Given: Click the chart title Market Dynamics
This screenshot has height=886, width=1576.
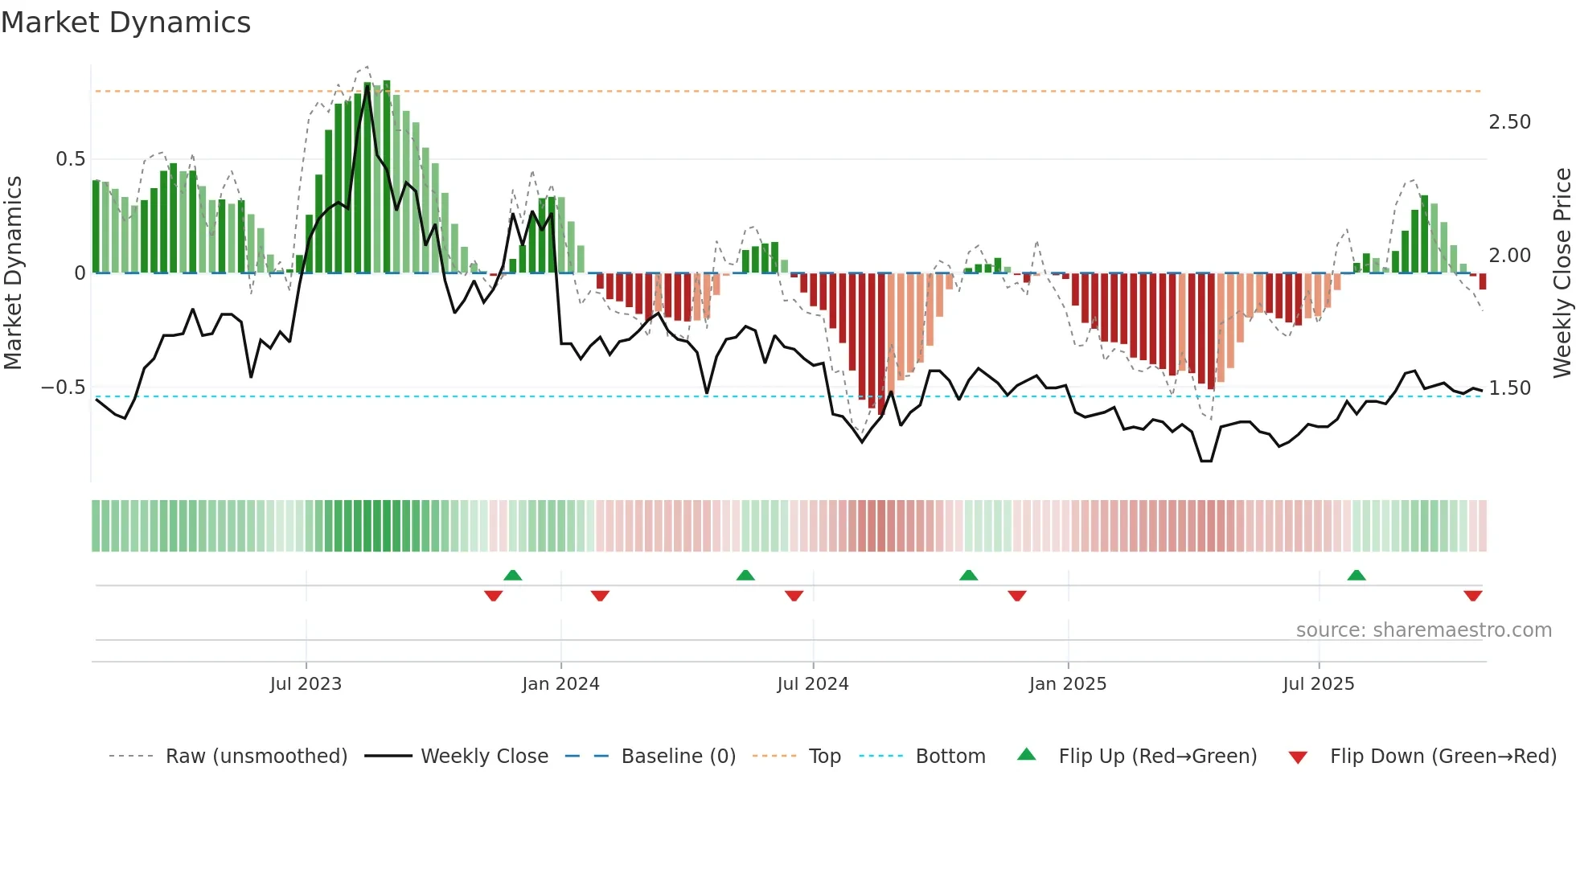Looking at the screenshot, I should [x=125, y=23].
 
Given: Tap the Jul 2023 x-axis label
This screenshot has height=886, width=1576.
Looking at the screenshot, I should [x=306, y=684].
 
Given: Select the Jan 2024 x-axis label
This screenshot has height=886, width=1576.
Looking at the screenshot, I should [x=560, y=684].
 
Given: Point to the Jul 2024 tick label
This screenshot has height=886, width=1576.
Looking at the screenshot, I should [x=812, y=684].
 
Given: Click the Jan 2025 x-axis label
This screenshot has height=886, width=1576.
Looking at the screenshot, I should [x=1067, y=684].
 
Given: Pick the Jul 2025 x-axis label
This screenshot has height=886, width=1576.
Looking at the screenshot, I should [x=1318, y=684].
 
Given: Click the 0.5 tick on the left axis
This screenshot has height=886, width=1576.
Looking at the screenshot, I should [x=70, y=159].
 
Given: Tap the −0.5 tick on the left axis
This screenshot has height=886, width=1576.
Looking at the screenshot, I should [x=63, y=388].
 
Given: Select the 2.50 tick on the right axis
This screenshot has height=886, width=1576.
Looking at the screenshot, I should [x=1509, y=122].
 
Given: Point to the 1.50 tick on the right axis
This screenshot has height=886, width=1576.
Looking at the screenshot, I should [x=1509, y=388].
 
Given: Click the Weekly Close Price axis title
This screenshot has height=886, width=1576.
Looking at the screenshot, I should [x=1562, y=273].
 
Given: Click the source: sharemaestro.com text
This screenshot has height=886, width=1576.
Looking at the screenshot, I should [x=1423, y=630].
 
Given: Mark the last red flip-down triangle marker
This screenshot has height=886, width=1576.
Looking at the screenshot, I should [x=1472, y=596].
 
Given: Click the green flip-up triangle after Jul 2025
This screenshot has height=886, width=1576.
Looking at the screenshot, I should [x=1356, y=575].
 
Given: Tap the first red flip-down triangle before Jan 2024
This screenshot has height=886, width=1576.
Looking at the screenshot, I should [x=493, y=596].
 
